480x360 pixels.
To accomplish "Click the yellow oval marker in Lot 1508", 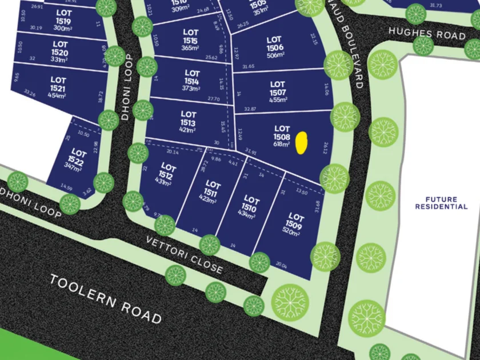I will coord(302,143).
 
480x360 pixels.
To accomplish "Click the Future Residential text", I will coord(442,203).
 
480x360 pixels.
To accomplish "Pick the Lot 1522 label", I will coord(78,158).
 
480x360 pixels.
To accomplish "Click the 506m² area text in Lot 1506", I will coord(275,55).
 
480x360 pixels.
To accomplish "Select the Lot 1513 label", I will coord(188,119).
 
